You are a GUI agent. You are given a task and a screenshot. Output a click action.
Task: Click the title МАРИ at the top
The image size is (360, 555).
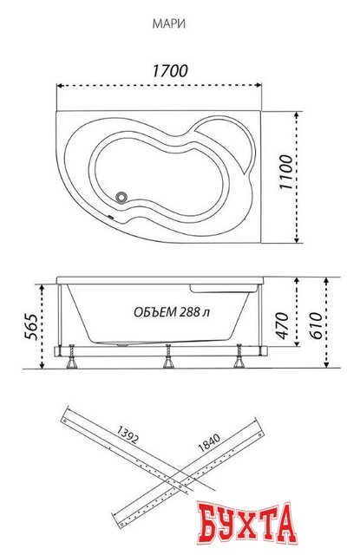coord(175,26)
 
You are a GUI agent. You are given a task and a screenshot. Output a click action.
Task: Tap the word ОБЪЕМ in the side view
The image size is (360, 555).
coord(154,312)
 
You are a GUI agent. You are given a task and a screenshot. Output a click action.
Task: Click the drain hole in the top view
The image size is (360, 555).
coord(121,197)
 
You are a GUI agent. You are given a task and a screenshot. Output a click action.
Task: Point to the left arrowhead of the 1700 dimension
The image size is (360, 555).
coord(59,85)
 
